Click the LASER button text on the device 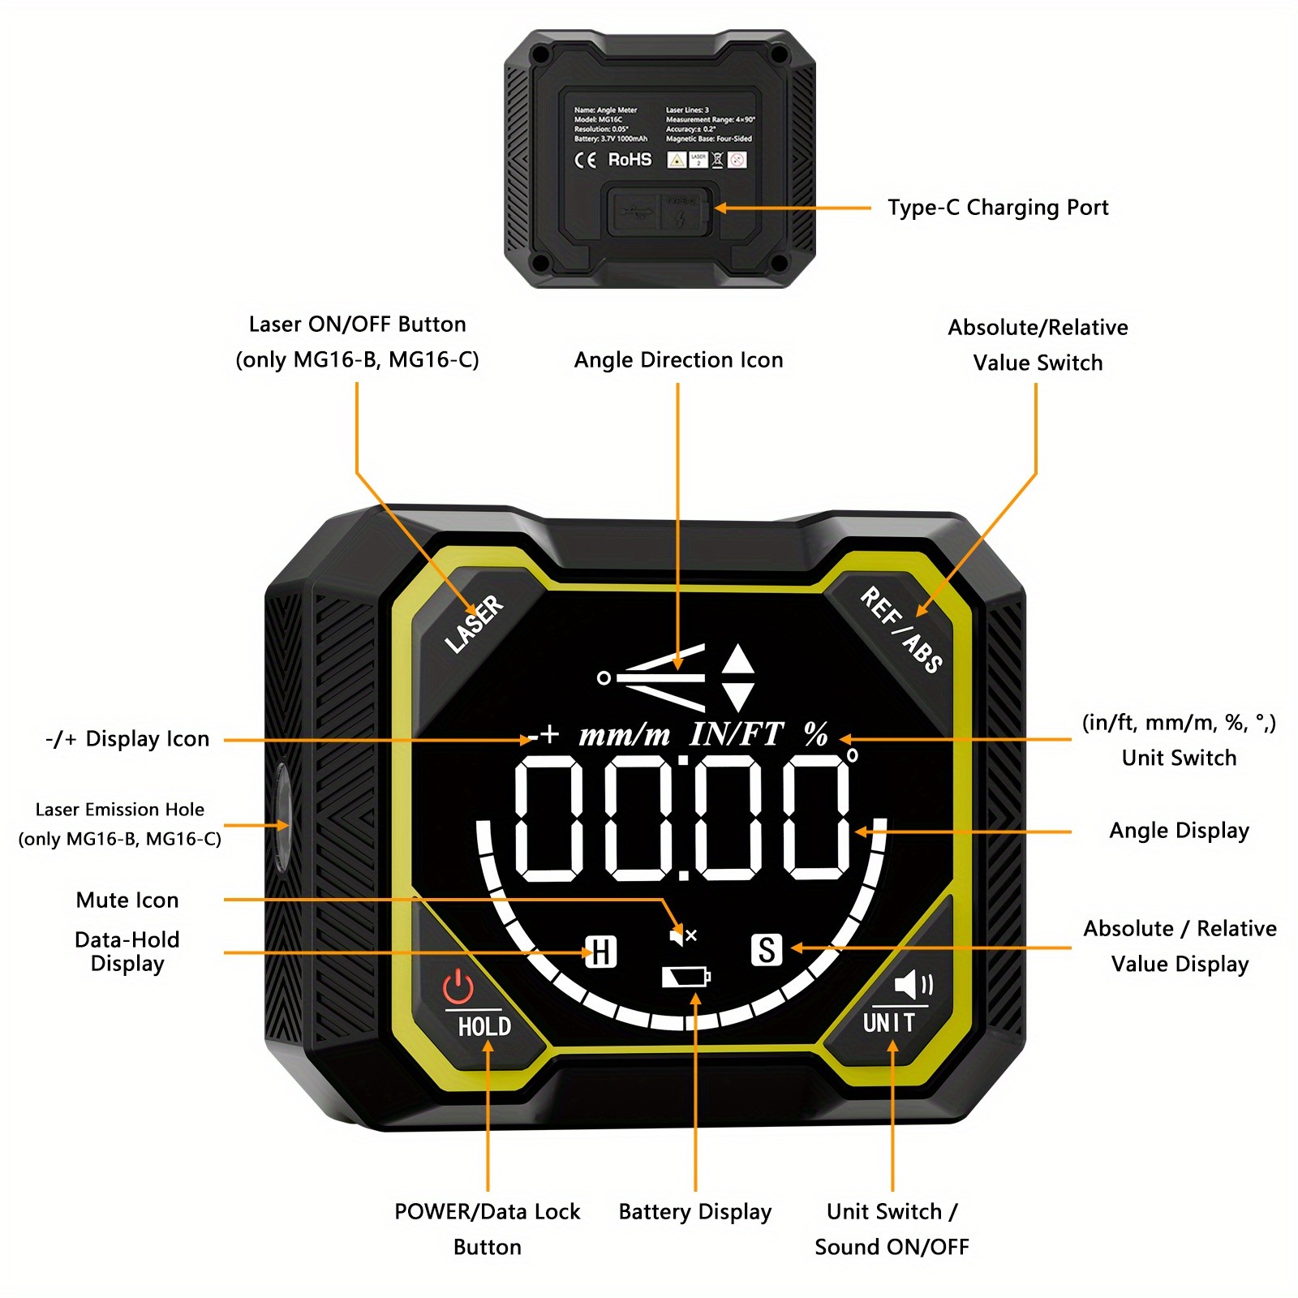pyautogui.click(x=475, y=623)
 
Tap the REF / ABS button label pyautogui.click(x=900, y=630)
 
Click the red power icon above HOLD pyautogui.click(x=458, y=987)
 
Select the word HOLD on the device pyautogui.click(x=484, y=1027)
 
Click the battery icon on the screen pyautogui.click(x=686, y=977)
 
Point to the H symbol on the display pyautogui.click(x=601, y=952)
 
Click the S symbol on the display pyautogui.click(x=767, y=949)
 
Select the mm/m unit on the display pyautogui.click(x=624, y=735)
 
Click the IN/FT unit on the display pyautogui.click(x=736, y=735)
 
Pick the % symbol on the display pyautogui.click(x=816, y=735)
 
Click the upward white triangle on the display pyautogui.click(x=738, y=659)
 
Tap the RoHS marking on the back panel pyautogui.click(x=630, y=160)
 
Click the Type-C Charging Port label pyautogui.click(x=997, y=208)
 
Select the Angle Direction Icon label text pyautogui.click(x=678, y=360)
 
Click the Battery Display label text pyautogui.click(x=694, y=1212)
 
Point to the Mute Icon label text pyautogui.click(x=127, y=900)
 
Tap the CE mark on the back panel pyautogui.click(x=585, y=160)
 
